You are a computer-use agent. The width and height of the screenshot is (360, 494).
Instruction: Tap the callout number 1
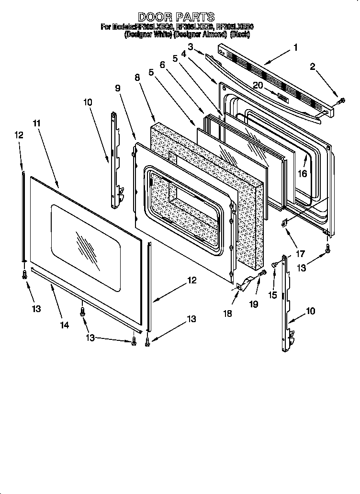(x=295, y=47)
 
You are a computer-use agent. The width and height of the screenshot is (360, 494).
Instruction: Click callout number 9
(x=117, y=88)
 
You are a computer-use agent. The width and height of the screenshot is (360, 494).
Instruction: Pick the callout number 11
(x=37, y=123)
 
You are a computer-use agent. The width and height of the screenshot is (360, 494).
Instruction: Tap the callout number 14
(x=64, y=325)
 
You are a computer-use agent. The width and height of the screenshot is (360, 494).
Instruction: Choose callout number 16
(x=302, y=174)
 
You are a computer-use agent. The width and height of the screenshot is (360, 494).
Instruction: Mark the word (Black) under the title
(x=240, y=34)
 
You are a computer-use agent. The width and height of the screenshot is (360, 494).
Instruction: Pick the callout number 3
(x=191, y=46)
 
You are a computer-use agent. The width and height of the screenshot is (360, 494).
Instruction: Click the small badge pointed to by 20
(x=282, y=97)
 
